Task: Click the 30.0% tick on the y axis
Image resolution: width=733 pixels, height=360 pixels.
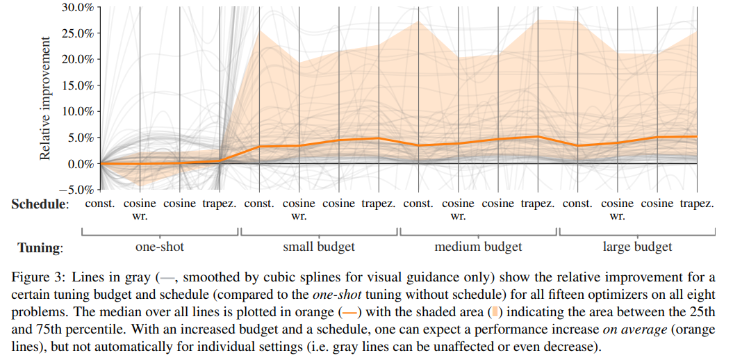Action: [x=77, y=8]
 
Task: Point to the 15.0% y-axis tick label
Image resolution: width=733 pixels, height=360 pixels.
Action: [x=77, y=85]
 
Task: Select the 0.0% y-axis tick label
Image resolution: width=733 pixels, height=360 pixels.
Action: [x=80, y=164]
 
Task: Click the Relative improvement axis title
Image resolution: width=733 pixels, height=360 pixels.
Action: [x=46, y=97]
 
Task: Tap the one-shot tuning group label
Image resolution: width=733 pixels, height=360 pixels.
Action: [x=160, y=247]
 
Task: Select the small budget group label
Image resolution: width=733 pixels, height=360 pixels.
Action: [x=319, y=247]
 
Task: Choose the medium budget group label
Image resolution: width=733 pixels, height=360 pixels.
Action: [x=478, y=247]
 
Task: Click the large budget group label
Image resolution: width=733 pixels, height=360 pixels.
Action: [x=637, y=247]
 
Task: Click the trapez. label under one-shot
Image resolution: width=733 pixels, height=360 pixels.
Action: [x=220, y=204]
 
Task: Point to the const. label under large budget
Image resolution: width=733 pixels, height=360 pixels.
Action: [x=578, y=204]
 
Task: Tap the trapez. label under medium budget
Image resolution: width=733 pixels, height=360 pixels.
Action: [x=538, y=204]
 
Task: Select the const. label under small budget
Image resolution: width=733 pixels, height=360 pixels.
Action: [x=259, y=204]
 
